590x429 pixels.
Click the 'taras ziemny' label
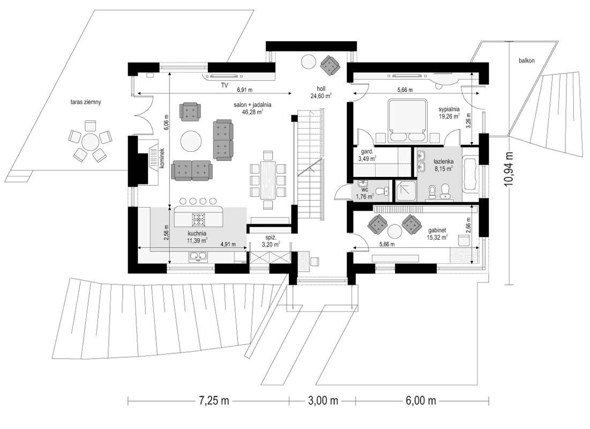tap(85, 102)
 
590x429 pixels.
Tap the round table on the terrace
tap(91, 142)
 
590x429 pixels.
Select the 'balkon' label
tap(526, 60)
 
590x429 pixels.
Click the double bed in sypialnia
tap(407, 121)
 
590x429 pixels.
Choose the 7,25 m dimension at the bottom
tap(214, 401)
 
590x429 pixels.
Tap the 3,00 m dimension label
tap(323, 401)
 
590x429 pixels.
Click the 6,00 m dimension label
tap(421, 401)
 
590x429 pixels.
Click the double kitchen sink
tap(198, 256)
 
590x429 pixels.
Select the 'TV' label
tap(225, 86)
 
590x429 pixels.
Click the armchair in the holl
tap(330, 64)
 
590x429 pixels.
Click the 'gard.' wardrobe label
tap(367, 152)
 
